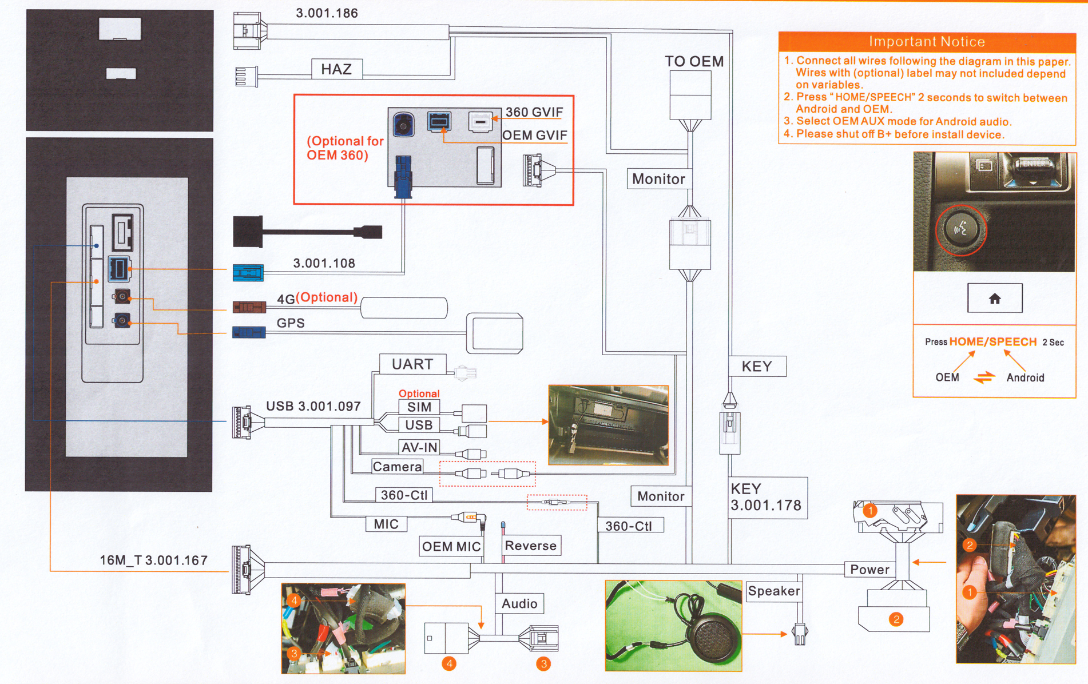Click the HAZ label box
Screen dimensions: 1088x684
click(x=337, y=69)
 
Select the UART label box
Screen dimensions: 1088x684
click(x=412, y=364)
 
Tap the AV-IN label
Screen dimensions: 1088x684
click(x=419, y=447)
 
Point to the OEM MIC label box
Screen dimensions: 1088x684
click(x=451, y=546)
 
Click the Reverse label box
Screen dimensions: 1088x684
click(x=531, y=546)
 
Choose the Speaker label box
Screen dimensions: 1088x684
click(x=774, y=591)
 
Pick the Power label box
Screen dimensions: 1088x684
click(x=869, y=569)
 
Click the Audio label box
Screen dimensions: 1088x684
click(x=519, y=603)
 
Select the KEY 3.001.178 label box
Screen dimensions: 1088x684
click(x=768, y=498)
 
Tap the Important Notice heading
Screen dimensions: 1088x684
click(x=927, y=42)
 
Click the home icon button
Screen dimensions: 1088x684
click(x=995, y=298)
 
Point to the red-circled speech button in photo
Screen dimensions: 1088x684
click(x=961, y=230)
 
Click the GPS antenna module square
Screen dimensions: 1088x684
click(x=495, y=333)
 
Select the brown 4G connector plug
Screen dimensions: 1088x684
click(x=249, y=307)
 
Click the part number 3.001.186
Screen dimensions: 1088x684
click(x=327, y=13)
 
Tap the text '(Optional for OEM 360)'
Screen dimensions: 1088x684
click(x=345, y=148)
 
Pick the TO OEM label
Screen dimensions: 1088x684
click(x=694, y=61)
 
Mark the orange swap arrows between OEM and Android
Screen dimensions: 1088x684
click(x=984, y=377)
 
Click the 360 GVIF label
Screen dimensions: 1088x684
click(x=534, y=112)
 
